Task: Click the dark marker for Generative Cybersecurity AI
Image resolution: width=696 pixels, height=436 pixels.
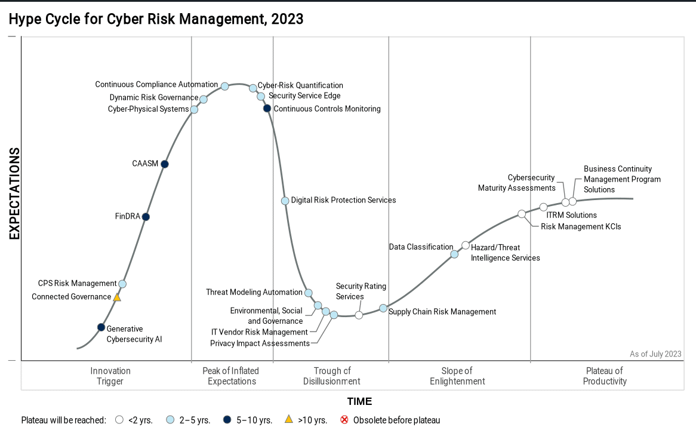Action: pos(101,327)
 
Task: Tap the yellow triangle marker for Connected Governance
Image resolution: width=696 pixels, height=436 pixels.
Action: pos(117,297)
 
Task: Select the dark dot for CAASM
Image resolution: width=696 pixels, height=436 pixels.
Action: pos(165,164)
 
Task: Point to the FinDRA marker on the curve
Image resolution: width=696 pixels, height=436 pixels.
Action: pos(146,217)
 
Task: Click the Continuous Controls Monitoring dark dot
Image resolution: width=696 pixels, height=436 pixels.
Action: pos(267,108)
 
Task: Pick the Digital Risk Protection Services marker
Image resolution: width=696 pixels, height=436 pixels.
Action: pos(285,201)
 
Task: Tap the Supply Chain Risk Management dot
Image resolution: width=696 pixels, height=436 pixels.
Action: pos(383,308)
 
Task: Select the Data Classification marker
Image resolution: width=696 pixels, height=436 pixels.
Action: pos(454,254)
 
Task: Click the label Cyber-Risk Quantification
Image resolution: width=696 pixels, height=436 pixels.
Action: pos(300,85)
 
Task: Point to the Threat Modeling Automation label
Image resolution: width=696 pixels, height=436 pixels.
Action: pos(254,292)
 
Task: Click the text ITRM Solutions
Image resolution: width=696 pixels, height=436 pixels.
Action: pos(572,215)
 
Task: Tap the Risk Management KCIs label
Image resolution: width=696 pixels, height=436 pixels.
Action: pos(581,226)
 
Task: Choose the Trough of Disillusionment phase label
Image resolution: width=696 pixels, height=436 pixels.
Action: pos(332,376)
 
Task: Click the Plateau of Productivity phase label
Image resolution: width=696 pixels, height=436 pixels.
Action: pos(605,376)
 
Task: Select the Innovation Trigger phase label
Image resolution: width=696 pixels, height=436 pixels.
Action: pos(110,376)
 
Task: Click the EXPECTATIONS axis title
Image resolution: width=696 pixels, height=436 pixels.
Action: pos(15,194)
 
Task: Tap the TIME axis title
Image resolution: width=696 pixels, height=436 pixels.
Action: pos(360,401)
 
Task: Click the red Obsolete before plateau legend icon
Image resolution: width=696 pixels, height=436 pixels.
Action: pos(344,420)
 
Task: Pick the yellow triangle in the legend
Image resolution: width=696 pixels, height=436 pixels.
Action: pos(289,419)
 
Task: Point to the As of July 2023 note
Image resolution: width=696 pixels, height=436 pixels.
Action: pos(655,354)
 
